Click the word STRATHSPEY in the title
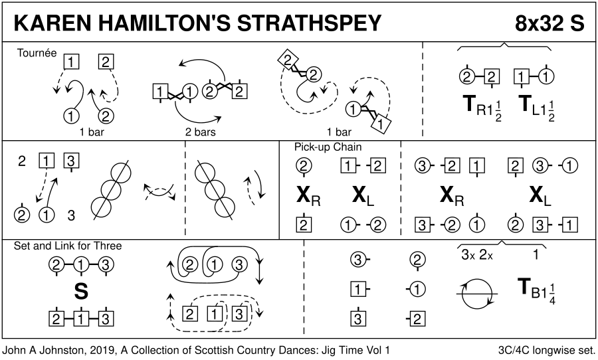(309, 23)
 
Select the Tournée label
(37, 52)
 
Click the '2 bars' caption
(200, 132)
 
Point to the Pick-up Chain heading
(328, 147)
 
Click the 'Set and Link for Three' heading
(68, 246)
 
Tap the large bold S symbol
(81, 292)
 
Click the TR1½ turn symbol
(482, 107)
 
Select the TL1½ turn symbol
(537, 107)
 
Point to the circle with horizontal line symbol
(476, 294)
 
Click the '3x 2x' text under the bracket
(476, 255)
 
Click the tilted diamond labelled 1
(379, 124)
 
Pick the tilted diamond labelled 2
(288, 60)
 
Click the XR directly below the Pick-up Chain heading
(308, 196)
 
